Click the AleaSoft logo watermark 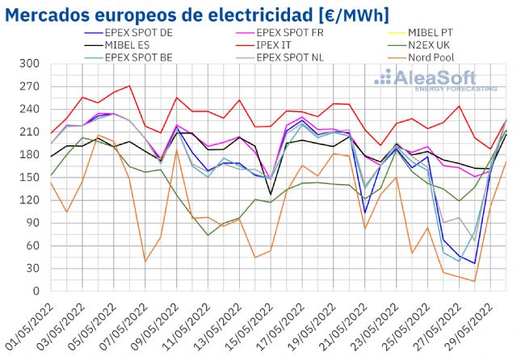[435, 79]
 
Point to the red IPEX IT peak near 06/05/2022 [129, 86]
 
